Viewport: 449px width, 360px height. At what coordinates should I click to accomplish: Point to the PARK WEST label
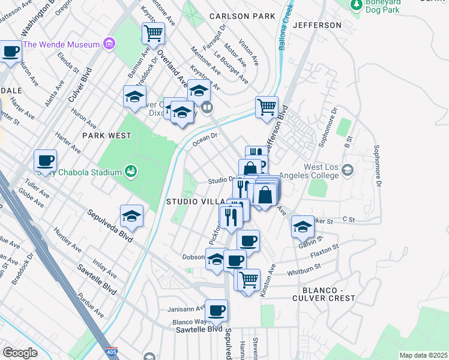[107, 136]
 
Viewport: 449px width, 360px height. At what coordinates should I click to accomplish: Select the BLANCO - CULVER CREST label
[324, 293]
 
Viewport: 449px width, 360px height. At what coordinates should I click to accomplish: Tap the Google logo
[20, 353]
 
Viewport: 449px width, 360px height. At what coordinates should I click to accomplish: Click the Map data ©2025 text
[423, 355]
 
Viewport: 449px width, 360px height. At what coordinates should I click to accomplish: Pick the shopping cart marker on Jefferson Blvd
[267, 108]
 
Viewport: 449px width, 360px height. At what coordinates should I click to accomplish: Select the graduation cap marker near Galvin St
[303, 227]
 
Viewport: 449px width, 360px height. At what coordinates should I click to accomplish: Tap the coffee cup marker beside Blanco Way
[216, 311]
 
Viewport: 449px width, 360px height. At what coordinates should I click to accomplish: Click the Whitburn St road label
[306, 272]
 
